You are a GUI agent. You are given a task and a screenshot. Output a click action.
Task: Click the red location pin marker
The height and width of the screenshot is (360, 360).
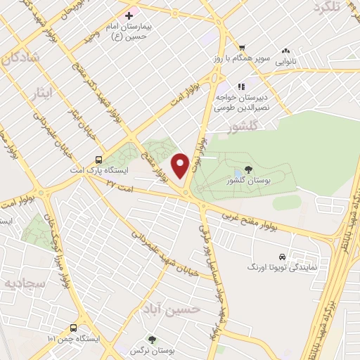point(181,165)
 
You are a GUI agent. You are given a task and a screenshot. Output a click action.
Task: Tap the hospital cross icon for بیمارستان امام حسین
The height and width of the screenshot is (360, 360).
point(129,15)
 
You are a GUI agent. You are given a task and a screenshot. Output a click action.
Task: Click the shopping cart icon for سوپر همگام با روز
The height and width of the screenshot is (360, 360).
point(242,47)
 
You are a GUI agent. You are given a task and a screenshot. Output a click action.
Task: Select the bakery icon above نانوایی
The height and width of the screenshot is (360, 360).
point(285,51)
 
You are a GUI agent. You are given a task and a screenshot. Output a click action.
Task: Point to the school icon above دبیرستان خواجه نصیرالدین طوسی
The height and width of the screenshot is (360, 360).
point(240,86)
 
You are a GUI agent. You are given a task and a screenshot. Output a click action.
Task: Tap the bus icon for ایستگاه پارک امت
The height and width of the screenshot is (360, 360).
point(99,159)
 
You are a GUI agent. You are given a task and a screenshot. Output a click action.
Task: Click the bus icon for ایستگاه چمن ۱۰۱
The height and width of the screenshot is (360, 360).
point(74,327)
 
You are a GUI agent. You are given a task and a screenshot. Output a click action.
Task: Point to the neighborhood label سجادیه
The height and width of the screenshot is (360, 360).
point(20,283)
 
